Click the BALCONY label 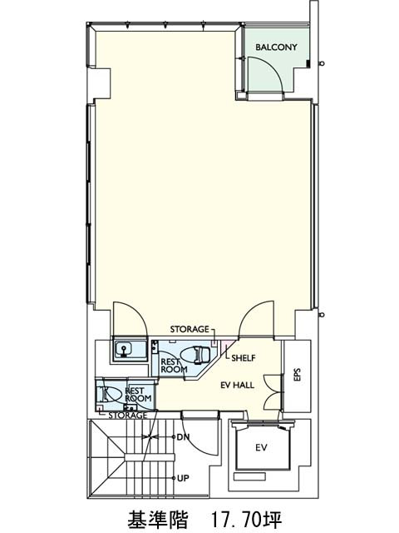[x=276, y=47]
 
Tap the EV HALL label [x=237, y=385]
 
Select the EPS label [x=298, y=374]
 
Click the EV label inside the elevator [x=261, y=448]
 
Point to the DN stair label [x=183, y=436]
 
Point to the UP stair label [x=183, y=478]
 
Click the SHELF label [x=244, y=358]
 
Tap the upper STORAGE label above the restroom [x=190, y=329]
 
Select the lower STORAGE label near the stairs [x=127, y=416]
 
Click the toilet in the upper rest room [x=195, y=356]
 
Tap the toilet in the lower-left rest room [x=111, y=394]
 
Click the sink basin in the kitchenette [x=124, y=349]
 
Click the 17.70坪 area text [x=246, y=519]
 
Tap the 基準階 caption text [x=158, y=519]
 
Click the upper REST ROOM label [x=174, y=366]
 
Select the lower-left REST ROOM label [x=138, y=394]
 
